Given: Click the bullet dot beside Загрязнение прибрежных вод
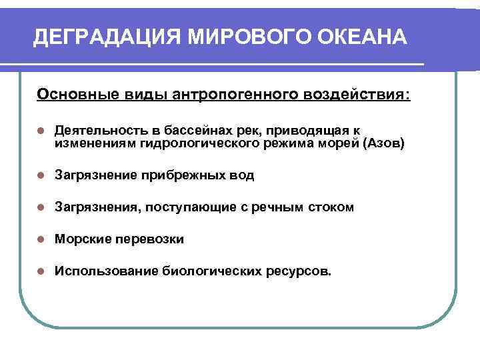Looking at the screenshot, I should tap(41, 175).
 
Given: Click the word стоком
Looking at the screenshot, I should tap(331, 207).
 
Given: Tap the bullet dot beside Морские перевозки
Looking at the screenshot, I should tap(41, 239).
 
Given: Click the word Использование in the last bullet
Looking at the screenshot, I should tap(106, 271).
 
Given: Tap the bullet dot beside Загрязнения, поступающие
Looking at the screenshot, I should tap(41, 207).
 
